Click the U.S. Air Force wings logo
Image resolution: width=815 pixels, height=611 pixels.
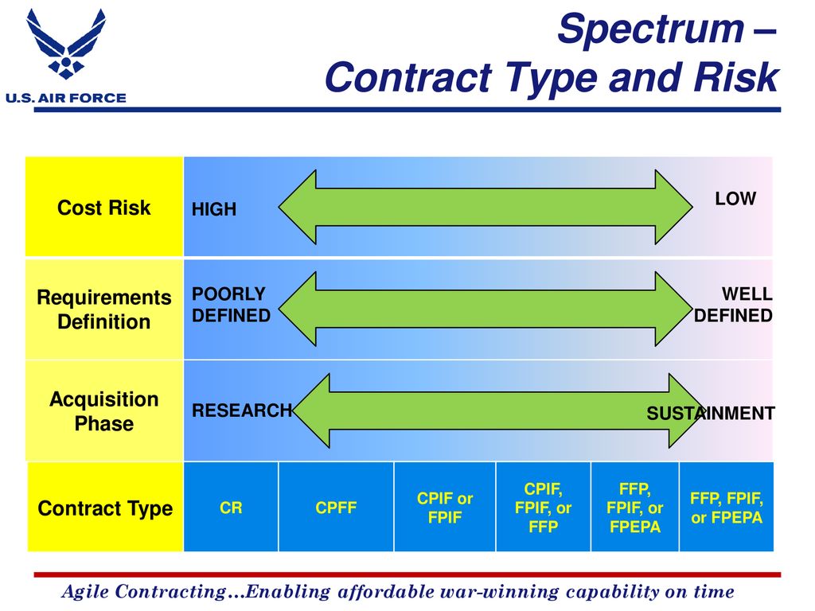pos(66,44)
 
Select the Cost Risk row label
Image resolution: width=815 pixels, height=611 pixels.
pos(104,208)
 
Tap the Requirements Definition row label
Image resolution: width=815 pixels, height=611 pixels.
pos(104,309)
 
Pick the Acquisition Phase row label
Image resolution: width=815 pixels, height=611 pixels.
pos(104,411)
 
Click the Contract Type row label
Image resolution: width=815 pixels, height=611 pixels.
pos(105,508)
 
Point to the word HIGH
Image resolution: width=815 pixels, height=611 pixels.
pos(214,209)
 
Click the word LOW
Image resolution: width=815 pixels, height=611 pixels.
pos(735,198)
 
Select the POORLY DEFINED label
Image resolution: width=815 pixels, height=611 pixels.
pos(232,305)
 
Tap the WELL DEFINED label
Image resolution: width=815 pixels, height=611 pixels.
pos(733,305)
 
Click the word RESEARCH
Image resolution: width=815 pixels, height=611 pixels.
pos(242,411)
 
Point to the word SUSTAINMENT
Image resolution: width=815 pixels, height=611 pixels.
pos(711,413)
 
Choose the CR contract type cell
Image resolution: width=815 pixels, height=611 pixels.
pos(231,507)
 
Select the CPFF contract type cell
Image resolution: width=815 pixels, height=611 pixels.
pos(337,507)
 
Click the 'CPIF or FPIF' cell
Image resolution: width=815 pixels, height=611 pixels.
pos(445,507)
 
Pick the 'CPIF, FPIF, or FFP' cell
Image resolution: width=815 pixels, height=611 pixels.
pos(543,507)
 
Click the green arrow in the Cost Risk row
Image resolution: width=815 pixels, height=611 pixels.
pos(485,207)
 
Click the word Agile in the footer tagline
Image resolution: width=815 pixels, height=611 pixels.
pos(85,592)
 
